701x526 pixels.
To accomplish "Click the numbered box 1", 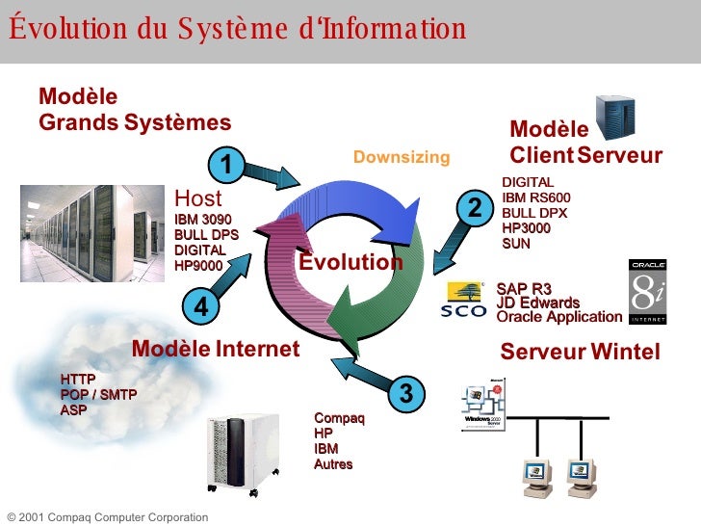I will [226, 165].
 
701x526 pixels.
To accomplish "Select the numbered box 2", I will [474, 207].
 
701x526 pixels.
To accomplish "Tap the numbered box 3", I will [405, 393].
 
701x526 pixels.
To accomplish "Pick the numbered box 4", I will [201, 306].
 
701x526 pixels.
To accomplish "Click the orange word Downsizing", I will [402, 157].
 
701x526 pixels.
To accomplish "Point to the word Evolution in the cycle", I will [350, 262].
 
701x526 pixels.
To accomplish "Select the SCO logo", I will [464, 299].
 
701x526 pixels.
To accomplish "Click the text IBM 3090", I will [202, 219].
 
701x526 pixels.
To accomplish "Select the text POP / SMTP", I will [98, 395].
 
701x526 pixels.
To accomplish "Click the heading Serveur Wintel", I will [580, 353].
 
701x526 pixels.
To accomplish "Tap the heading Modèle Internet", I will [216, 349].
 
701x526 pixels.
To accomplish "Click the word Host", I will [198, 198].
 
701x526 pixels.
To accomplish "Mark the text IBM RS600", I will [536, 197].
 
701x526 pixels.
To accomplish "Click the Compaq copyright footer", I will [107, 517].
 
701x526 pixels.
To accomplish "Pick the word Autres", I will [333, 464].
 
